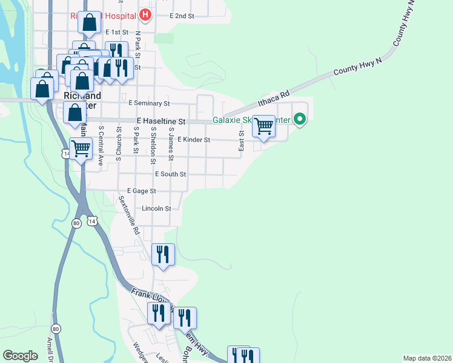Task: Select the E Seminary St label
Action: click(149, 104)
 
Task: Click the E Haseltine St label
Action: click(160, 122)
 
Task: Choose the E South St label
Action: click(170, 174)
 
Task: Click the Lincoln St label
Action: click(156, 208)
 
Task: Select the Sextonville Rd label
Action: click(128, 215)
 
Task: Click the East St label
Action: click(241, 143)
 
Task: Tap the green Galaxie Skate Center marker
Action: click(299, 120)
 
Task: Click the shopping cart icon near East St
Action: click(263, 126)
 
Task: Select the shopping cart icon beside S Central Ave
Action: click(81, 148)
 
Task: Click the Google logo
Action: click(20, 356)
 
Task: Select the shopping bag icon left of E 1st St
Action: click(90, 22)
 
